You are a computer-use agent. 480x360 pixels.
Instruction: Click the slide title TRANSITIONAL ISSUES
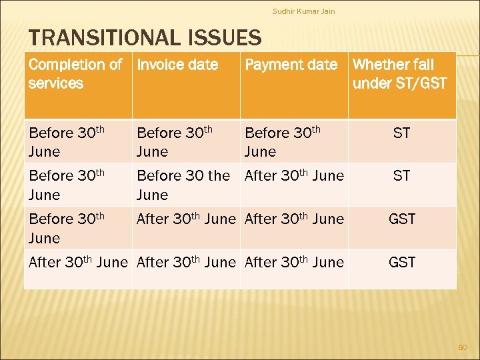[143, 39]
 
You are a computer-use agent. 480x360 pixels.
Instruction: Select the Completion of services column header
[75, 74]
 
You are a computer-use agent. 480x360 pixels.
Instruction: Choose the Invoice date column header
[177, 65]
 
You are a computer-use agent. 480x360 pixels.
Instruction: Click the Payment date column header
[291, 65]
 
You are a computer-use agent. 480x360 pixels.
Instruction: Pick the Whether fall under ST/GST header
[400, 74]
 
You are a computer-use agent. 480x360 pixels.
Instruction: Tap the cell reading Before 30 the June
[183, 185]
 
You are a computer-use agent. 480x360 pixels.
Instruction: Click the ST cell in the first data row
[401, 133]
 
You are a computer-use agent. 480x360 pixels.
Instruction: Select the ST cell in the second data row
[401, 176]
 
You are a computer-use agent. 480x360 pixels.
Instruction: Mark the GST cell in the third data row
[402, 219]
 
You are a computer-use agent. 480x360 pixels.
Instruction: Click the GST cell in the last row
[402, 263]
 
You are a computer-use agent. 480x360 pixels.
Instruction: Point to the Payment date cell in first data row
[283, 142]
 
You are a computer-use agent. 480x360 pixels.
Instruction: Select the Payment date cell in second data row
[294, 176]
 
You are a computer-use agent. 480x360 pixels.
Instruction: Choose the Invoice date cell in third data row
[186, 219]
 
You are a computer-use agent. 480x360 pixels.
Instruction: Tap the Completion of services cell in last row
[77, 263]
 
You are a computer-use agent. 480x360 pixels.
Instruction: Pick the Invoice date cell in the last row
[186, 263]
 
